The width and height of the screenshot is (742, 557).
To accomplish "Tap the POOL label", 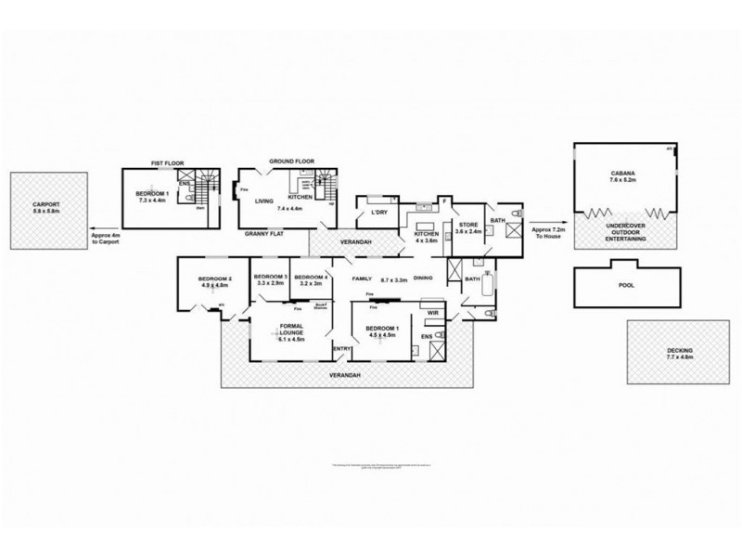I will click(x=626, y=285).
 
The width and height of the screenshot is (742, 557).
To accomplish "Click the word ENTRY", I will click(x=343, y=349).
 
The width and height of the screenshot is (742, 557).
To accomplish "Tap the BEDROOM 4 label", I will click(x=310, y=278).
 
